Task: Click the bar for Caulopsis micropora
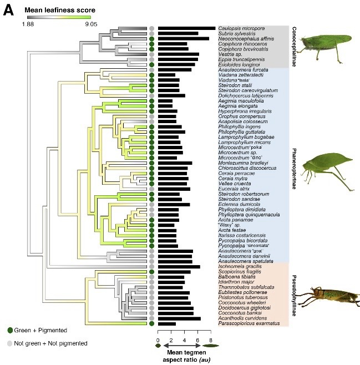pyautogui.click(x=186, y=28)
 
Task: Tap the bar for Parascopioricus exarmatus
pyautogui.click(x=167, y=323)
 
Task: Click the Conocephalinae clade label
pyautogui.click(x=294, y=47)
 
